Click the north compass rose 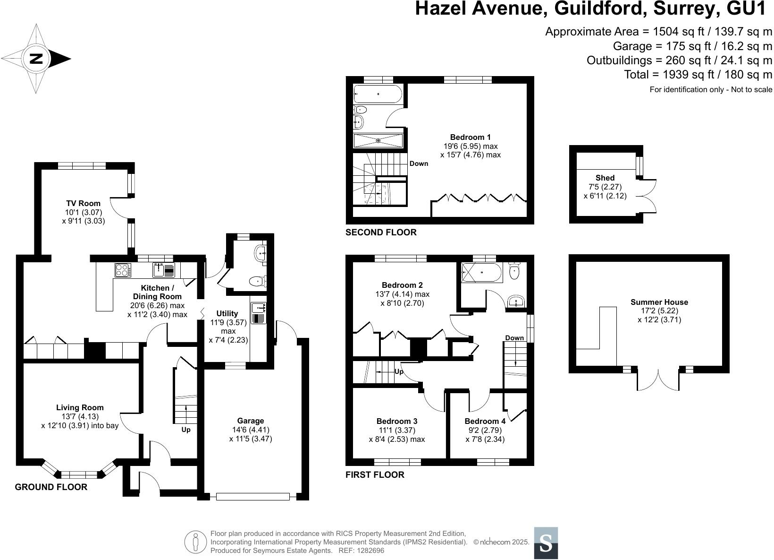coord(36,59)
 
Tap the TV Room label coord(83,204)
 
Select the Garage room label coord(251,421)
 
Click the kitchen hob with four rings coord(122,270)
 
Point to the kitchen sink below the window coord(159,270)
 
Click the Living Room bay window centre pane coord(79,474)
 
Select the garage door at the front coord(252,497)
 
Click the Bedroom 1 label coord(463,138)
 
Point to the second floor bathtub coord(378,94)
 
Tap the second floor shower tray coord(378,140)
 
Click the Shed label coord(605,178)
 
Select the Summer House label coord(659,302)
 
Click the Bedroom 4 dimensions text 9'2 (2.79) coord(484,430)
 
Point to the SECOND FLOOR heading coord(381,232)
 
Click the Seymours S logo coord(546,543)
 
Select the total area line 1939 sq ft coord(698,74)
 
